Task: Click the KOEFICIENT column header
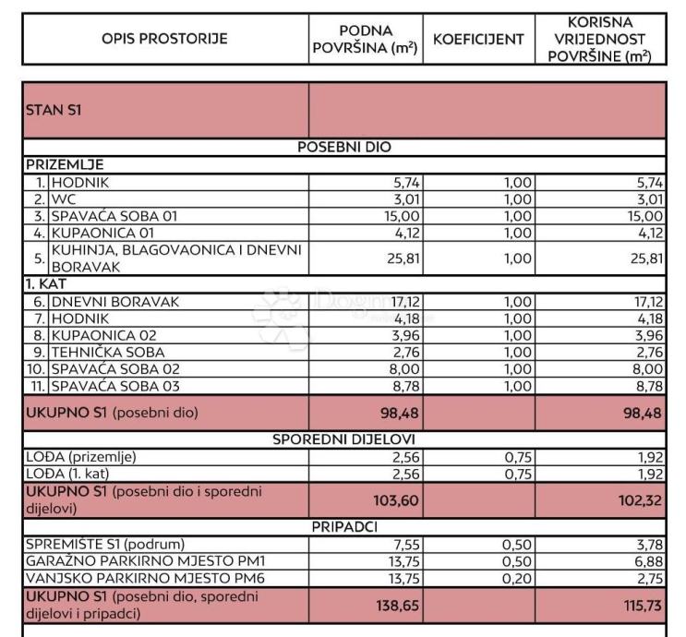[478, 39]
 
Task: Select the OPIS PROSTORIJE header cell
[165, 39]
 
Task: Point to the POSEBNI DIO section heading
[343, 148]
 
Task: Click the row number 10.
[37, 368]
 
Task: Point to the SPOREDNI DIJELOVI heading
[343, 439]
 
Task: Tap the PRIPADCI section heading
[343, 526]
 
